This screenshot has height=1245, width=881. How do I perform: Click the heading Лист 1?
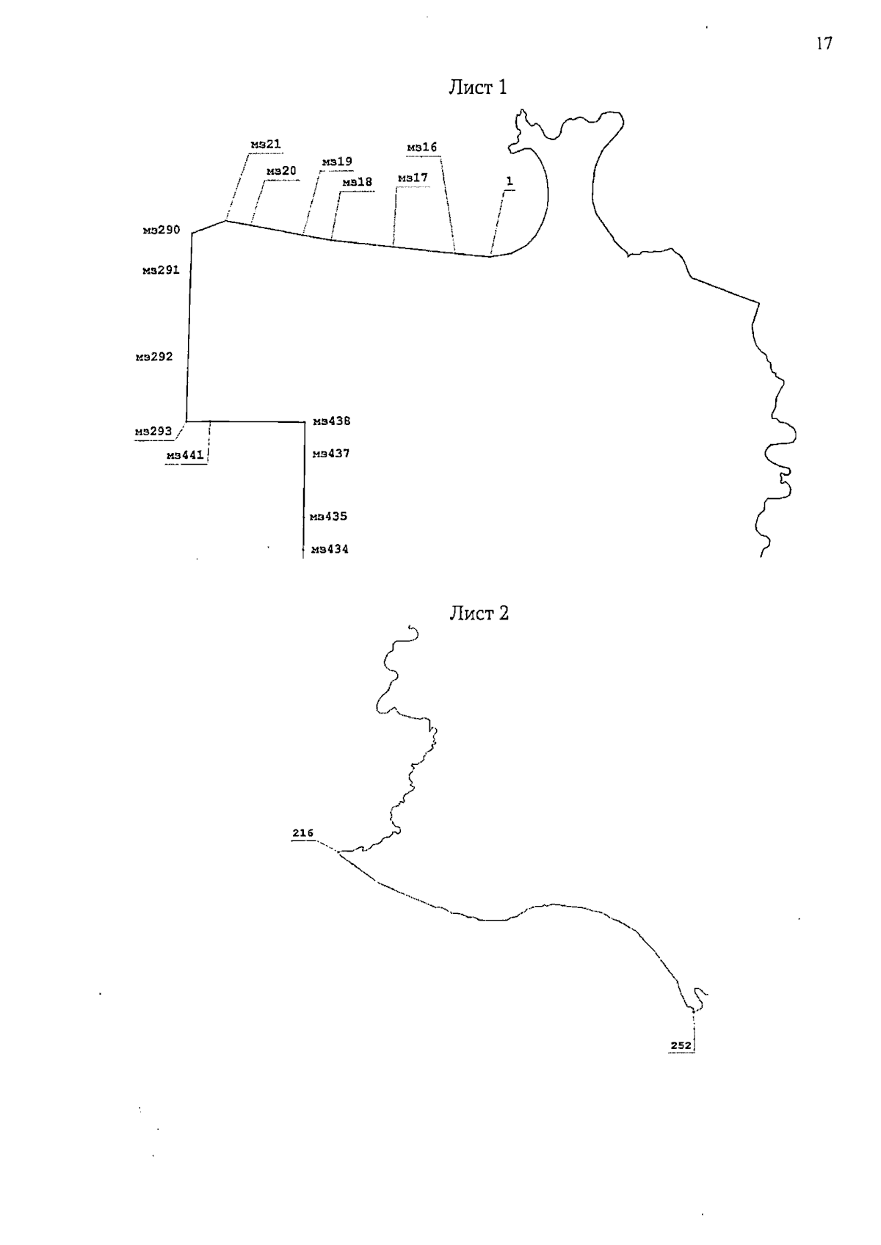tap(477, 87)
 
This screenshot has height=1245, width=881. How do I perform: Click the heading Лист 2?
tap(479, 613)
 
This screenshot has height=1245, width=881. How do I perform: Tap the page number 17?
tap(824, 43)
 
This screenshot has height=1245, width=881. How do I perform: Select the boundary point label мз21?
tap(266, 145)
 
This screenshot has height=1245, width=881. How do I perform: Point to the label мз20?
tap(281, 171)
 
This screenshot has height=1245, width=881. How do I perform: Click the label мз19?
tap(337, 161)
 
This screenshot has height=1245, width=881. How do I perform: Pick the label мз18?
tap(358, 182)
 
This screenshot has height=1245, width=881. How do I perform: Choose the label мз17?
tap(413, 178)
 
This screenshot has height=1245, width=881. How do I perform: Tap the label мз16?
tap(422, 148)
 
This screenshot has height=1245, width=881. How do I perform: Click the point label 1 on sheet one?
tap(510, 182)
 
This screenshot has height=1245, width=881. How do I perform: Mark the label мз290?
tap(162, 230)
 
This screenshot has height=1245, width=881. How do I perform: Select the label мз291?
tap(161, 271)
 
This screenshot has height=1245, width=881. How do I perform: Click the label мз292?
tap(154, 357)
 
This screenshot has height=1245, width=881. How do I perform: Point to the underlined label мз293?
tap(153, 432)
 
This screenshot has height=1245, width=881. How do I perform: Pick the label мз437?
tap(331, 454)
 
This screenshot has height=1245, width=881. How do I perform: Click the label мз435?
tap(328, 517)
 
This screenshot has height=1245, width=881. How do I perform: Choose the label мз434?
tap(330, 550)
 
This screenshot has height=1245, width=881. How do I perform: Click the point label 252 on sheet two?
tap(681, 1045)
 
